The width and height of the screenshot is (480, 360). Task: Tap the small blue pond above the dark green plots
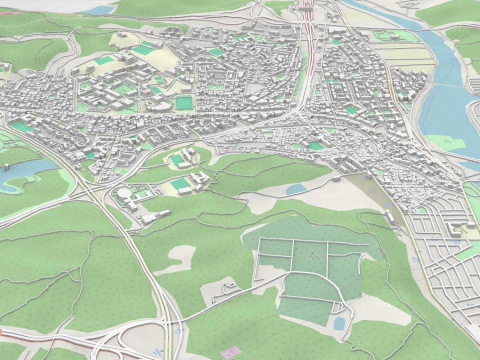point(297,188)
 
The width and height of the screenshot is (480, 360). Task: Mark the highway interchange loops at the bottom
point(150,342)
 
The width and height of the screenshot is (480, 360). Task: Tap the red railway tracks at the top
point(312,40)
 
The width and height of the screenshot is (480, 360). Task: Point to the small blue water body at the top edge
point(100,10)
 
